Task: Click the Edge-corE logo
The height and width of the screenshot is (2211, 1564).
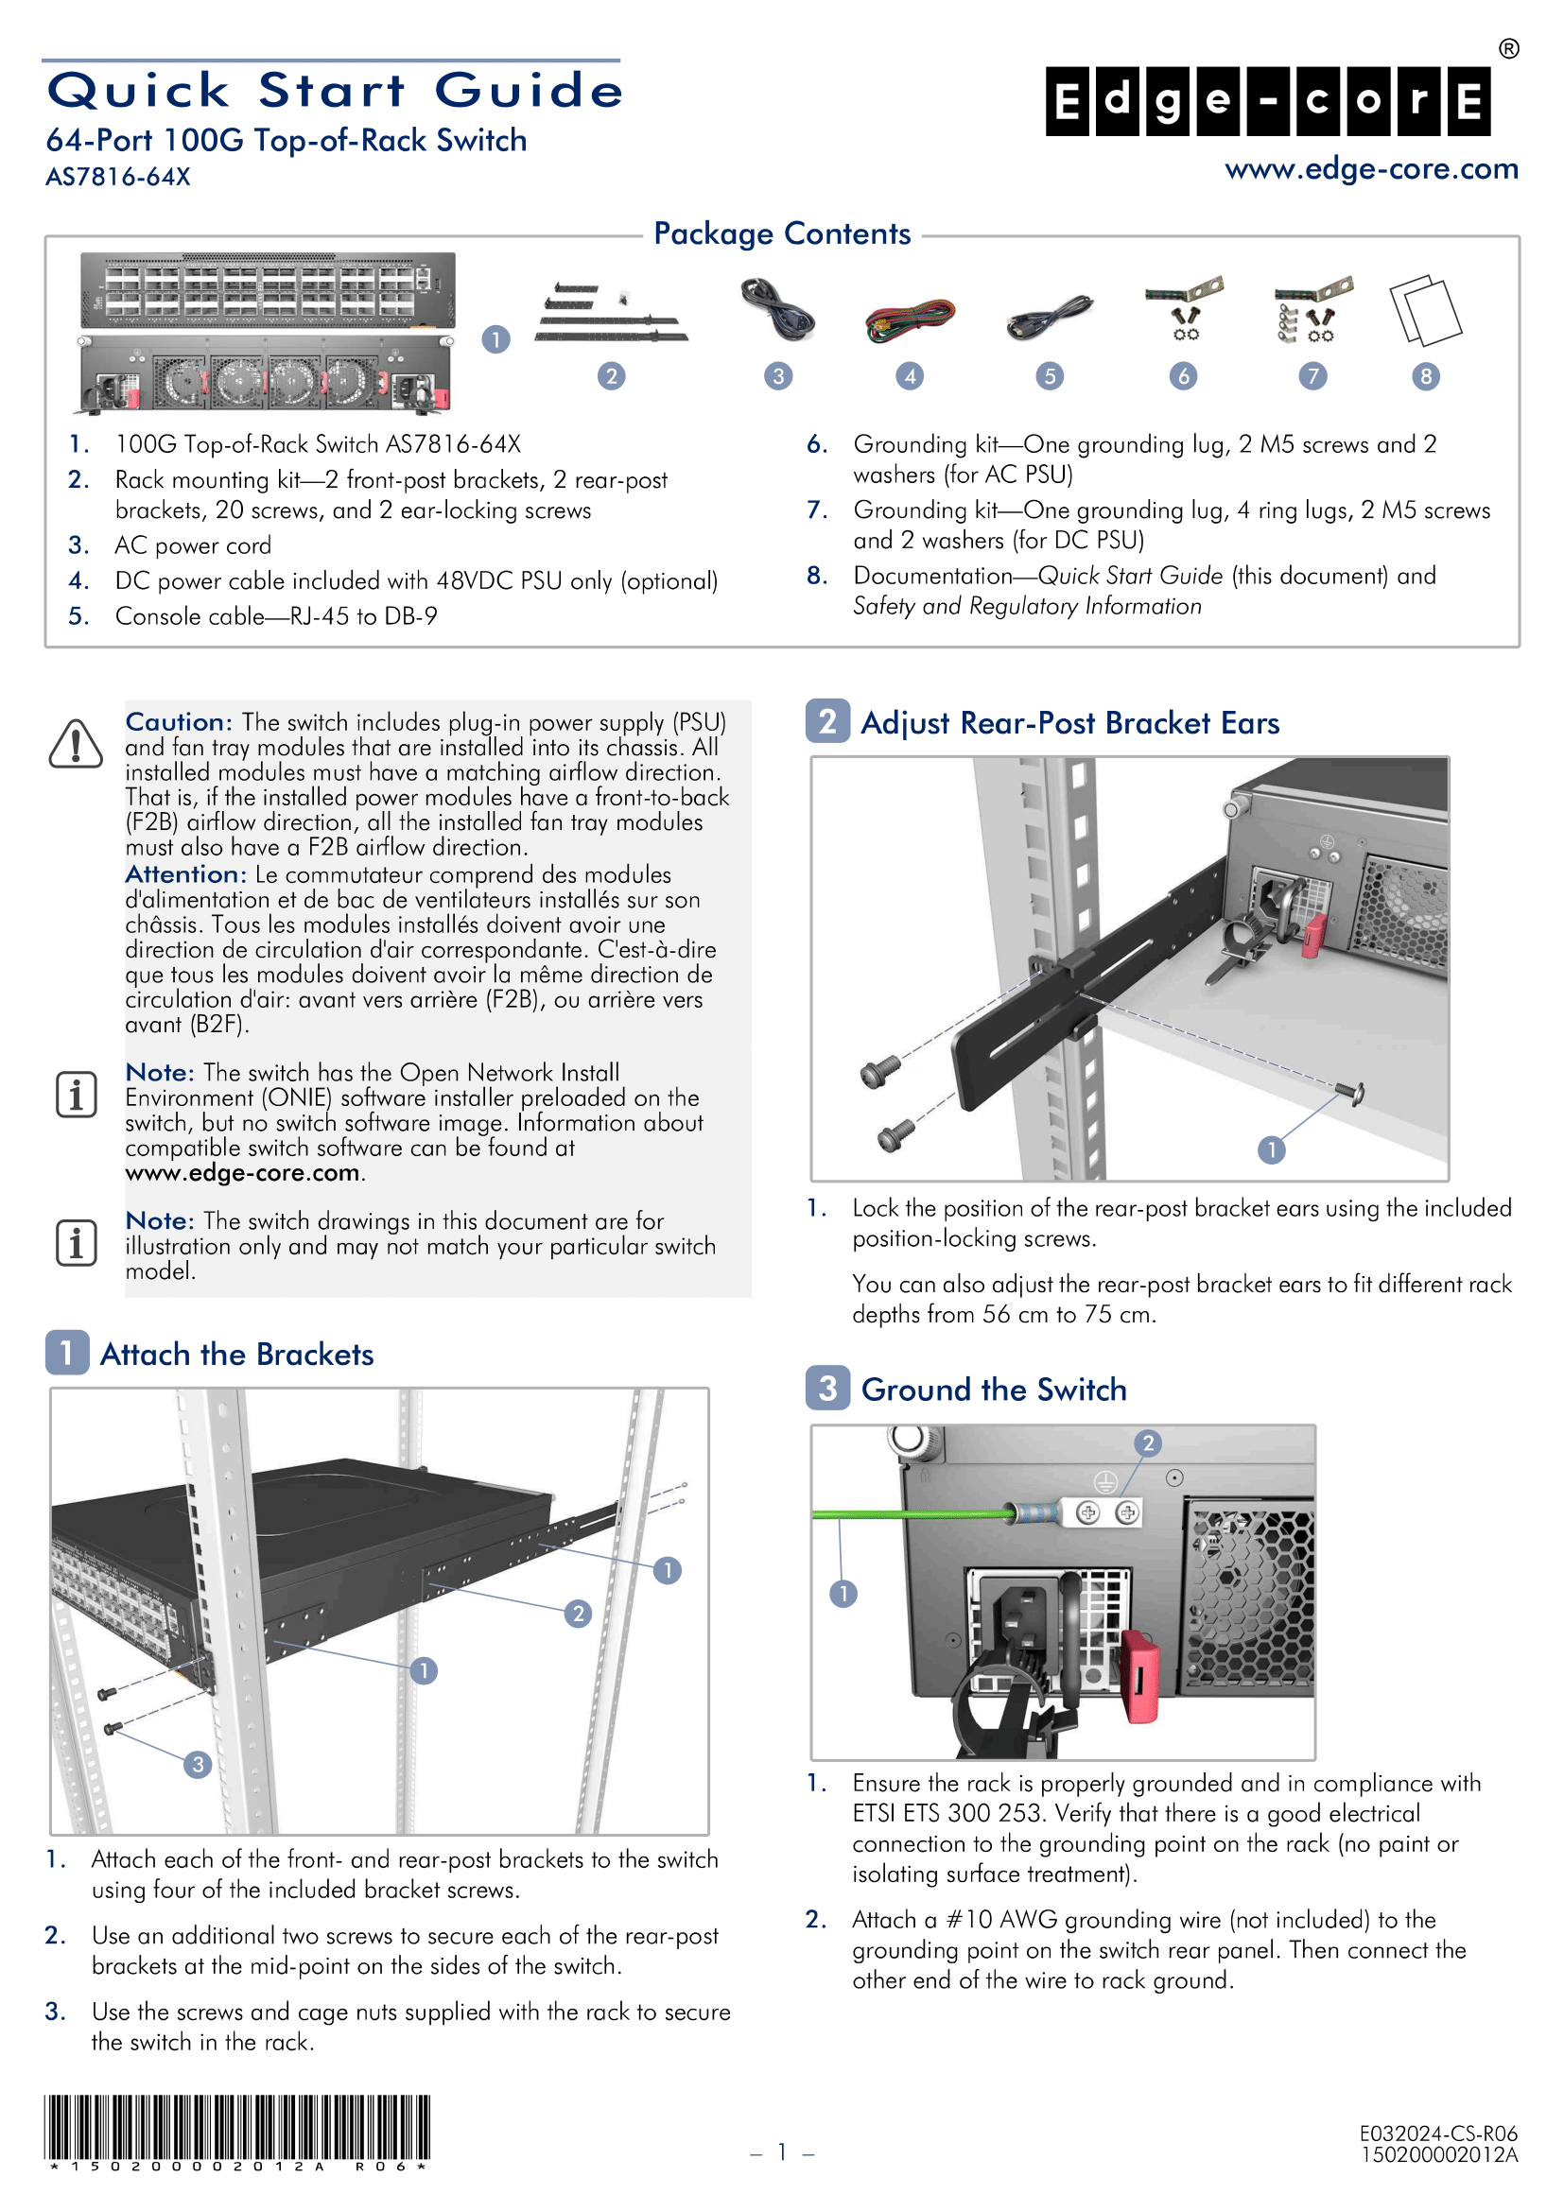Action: [1268, 100]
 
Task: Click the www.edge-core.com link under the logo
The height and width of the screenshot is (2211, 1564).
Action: [1370, 169]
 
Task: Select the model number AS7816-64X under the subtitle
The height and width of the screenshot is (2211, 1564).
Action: [117, 178]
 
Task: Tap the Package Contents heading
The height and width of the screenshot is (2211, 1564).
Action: [781, 234]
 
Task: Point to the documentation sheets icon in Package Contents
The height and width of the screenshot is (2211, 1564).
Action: [1425, 310]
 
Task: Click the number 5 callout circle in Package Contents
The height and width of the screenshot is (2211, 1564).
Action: [1050, 376]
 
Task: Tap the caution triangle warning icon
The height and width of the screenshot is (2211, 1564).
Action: [75, 744]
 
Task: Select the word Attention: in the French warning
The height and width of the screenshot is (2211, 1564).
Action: [186, 874]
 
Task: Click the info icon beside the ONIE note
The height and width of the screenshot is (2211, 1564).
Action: [76, 1095]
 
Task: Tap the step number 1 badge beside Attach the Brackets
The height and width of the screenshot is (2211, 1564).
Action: [66, 1353]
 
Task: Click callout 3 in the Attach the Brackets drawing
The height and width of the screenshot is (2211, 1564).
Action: [198, 1765]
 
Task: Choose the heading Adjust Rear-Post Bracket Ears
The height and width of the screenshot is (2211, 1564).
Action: [1069, 723]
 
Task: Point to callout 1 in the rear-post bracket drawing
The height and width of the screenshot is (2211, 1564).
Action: [1271, 1149]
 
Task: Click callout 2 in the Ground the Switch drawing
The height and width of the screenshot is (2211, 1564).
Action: [1147, 1443]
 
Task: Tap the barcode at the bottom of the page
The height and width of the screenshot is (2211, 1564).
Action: [237, 2127]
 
